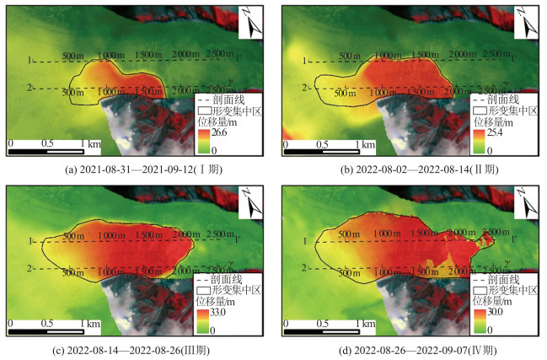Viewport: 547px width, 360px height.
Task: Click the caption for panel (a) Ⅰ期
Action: click(x=137, y=169)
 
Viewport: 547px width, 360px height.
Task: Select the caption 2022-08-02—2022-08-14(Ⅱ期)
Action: click(x=410, y=169)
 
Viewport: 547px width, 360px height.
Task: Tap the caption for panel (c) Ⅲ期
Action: click(x=137, y=348)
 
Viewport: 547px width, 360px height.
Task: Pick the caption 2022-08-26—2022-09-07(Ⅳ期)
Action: click(x=410, y=348)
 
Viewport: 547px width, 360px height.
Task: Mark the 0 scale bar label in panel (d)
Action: click(x=283, y=324)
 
